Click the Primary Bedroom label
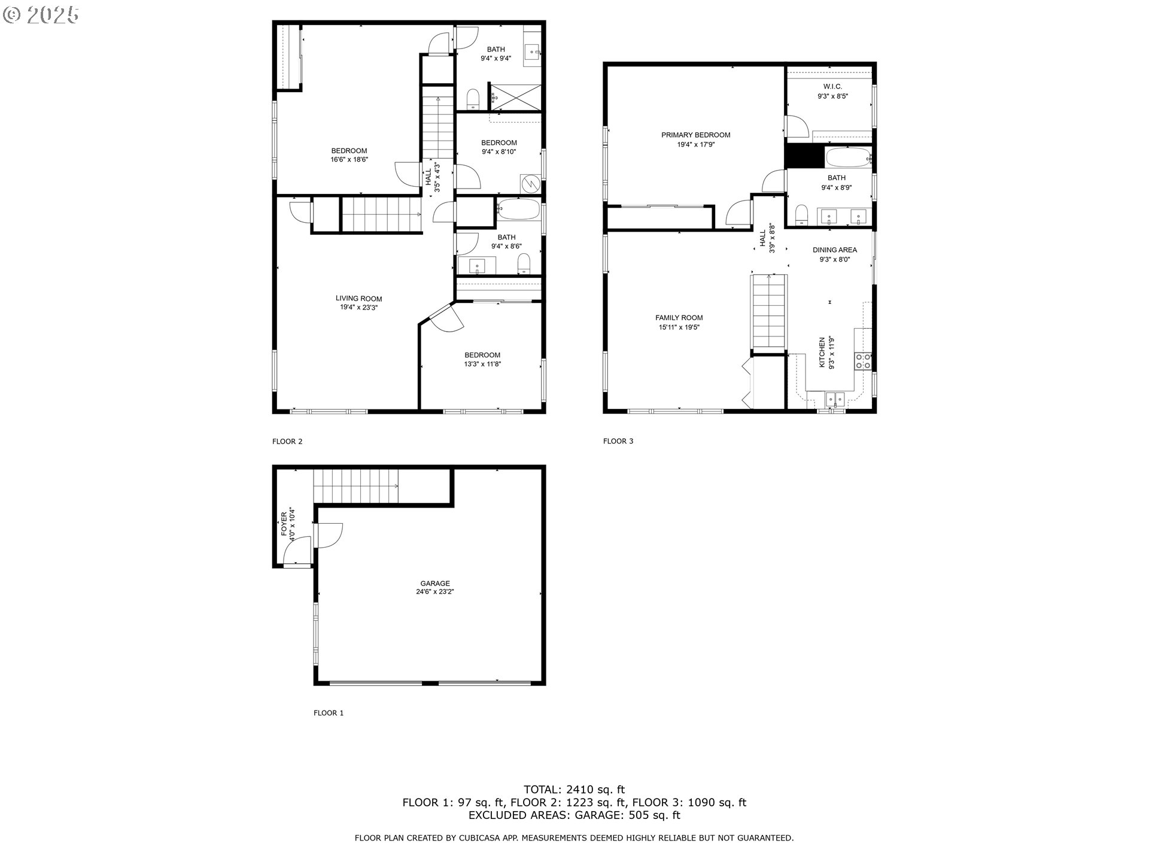point(695,135)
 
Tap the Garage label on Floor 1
point(435,584)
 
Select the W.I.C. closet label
point(832,87)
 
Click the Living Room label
point(358,299)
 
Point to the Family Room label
point(679,318)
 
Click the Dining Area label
point(834,250)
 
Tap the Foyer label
point(284,524)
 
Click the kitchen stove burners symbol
point(863,360)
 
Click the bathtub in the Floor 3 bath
point(847,159)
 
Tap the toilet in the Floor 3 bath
point(802,215)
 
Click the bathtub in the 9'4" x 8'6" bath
point(518,211)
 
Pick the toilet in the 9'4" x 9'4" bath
point(473,99)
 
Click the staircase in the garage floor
point(356,486)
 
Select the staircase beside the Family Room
point(768,311)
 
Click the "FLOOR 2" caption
point(287,442)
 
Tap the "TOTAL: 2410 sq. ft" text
point(574,790)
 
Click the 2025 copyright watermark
point(41,14)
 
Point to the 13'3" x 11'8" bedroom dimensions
point(482,364)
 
